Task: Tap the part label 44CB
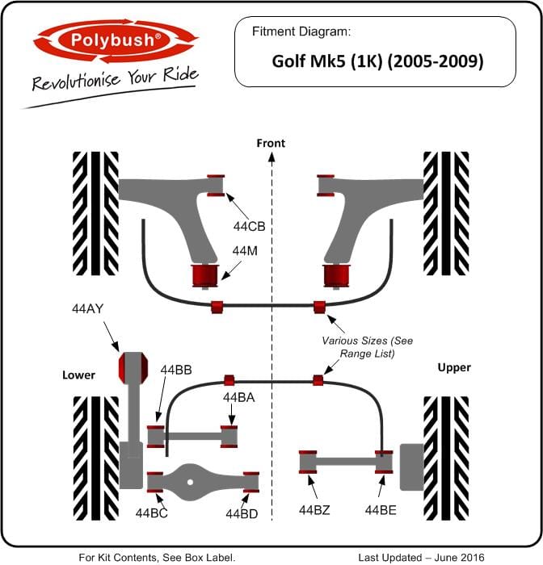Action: click(249, 227)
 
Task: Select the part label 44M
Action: click(245, 251)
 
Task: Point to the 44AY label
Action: click(88, 309)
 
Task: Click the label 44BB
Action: click(176, 370)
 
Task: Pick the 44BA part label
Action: click(239, 397)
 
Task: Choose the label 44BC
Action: click(152, 513)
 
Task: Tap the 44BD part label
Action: click(242, 514)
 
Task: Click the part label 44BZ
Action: click(314, 510)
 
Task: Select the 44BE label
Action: click(381, 510)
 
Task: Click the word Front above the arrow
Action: click(271, 144)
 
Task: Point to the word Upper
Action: click(454, 368)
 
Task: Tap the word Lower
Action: click(78, 375)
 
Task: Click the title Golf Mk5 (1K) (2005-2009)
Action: click(377, 61)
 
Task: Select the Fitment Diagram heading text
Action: click(301, 31)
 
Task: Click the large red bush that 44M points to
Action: click(205, 276)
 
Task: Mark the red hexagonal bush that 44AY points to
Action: click(133, 368)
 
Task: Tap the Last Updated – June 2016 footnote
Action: click(422, 558)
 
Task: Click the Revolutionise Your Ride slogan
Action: click(116, 78)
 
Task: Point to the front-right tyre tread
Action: click(446, 214)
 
